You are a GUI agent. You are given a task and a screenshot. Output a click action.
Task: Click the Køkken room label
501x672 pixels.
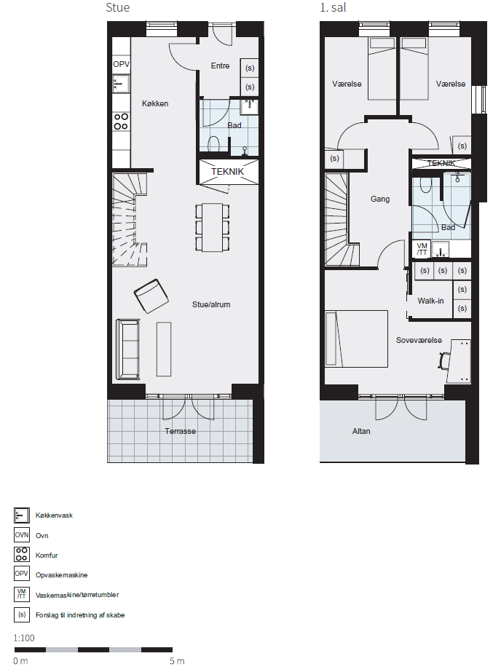click(155, 103)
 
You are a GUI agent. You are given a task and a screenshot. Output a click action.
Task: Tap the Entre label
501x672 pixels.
click(221, 66)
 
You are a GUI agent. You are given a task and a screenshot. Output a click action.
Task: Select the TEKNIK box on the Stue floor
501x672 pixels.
click(229, 172)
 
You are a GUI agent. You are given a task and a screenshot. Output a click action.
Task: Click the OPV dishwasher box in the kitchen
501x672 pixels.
click(122, 64)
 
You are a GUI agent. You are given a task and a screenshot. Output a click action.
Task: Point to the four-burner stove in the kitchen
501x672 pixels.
click(122, 122)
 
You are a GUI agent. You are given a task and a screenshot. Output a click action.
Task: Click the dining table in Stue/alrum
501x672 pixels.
click(213, 227)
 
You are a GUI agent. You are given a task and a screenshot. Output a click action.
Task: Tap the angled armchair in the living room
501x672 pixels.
click(151, 296)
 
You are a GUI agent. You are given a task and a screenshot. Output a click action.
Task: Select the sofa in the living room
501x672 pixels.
click(127, 349)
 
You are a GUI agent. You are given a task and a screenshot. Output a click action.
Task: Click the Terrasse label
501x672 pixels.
click(181, 431)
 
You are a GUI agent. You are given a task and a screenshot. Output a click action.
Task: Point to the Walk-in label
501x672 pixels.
click(430, 301)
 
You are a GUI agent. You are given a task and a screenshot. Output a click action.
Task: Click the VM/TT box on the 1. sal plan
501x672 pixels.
click(422, 249)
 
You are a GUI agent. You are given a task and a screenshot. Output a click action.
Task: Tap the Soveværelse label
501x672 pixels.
click(419, 340)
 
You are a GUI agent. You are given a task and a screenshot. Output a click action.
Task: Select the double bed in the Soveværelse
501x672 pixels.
click(356, 339)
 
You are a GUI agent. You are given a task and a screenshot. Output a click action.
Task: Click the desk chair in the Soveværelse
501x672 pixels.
click(444, 360)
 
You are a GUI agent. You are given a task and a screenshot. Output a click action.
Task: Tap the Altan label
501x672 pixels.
click(361, 431)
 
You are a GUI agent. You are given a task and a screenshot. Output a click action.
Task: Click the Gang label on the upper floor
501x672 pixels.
click(380, 199)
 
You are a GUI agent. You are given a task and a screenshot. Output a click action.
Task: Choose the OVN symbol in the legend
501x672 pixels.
click(22, 535)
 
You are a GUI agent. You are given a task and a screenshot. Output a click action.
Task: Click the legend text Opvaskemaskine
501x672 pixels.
click(61, 575)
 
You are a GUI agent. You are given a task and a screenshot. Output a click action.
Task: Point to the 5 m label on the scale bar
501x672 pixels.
click(177, 661)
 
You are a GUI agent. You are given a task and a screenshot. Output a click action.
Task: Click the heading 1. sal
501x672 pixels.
click(333, 8)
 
